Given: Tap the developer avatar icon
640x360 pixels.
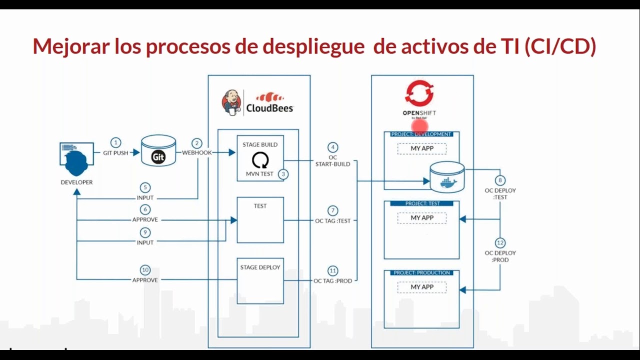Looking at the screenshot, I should (x=76, y=160).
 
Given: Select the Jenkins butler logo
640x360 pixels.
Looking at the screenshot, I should (x=231, y=102).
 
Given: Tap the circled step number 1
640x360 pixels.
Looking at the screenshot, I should (x=116, y=142).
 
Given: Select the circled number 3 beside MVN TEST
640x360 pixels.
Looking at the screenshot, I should (x=283, y=174).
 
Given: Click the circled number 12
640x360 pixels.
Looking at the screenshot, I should (x=500, y=242).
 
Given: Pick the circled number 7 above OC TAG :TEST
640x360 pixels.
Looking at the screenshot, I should (x=332, y=210).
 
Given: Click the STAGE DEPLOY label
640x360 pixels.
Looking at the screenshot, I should (x=260, y=267).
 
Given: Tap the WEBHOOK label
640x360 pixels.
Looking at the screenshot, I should (x=196, y=152).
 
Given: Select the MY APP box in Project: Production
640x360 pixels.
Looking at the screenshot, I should (x=422, y=287).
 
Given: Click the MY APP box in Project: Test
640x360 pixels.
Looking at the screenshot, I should (x=422, y=218).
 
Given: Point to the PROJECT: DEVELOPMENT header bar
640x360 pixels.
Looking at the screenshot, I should (x=421, y=134).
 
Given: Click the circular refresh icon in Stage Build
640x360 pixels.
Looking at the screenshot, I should (x=260, y=160).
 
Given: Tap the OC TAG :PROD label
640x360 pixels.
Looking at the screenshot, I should (x=333, y=281).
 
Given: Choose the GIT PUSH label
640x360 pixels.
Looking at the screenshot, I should (x=116, y=153).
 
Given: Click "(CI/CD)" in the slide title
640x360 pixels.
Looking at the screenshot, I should (x=560, y=46).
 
